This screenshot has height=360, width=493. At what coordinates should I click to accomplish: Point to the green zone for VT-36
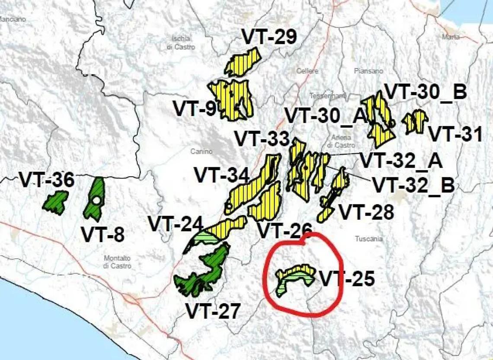coord(56,202)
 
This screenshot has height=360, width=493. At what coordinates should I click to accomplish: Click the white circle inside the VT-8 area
coord(96,201)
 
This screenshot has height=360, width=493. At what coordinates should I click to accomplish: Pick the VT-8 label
coord(102,235)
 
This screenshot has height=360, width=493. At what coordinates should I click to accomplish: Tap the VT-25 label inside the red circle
coord(347,279)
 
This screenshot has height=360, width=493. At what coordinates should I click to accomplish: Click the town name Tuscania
coord(369,239)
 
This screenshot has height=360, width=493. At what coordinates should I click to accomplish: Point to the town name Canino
coord(201,151)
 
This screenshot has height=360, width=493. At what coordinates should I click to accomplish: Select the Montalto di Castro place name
coord(117,262)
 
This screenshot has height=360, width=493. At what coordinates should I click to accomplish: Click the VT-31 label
coord(455,134)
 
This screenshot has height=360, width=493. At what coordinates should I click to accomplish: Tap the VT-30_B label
coord(425,92)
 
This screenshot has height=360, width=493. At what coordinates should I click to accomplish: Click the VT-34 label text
coord(221,175)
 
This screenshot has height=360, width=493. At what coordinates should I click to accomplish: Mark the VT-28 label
coord(366,212)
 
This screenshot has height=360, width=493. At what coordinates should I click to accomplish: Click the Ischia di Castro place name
coord(181,42)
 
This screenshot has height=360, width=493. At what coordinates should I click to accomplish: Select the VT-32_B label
coord(413,185)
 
